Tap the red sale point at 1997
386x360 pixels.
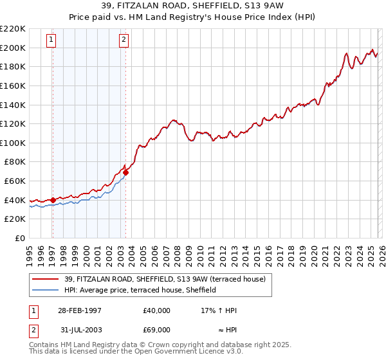click(53, 200)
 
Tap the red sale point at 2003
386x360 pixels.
click(126, 172)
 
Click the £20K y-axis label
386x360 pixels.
click(15, 219)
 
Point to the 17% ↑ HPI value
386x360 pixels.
click(219, 310)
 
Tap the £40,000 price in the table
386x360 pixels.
click(157, 310)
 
